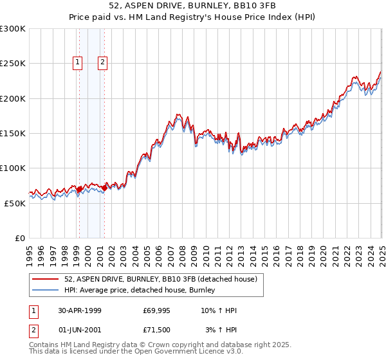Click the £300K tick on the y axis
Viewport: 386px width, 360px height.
coord(13,29)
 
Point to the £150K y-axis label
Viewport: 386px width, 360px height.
coord(13,133)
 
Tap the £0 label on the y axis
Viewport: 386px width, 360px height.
coord(19,238)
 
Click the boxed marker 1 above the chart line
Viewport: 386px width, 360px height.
coord(77,62)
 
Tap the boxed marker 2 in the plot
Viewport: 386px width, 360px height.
coord(102,62)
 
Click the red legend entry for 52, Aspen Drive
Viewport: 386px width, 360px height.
coord(161,279)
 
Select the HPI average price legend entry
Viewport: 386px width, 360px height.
coord(139,291)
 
